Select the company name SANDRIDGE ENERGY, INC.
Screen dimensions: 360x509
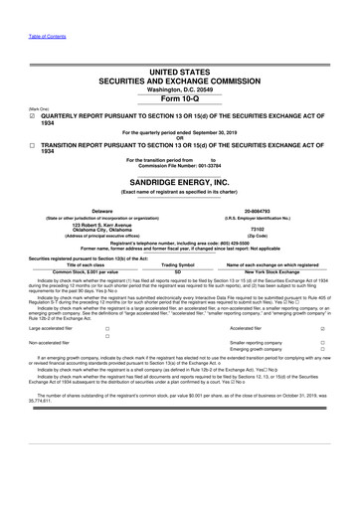point(179,183)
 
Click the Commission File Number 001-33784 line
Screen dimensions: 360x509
point(180,164)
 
